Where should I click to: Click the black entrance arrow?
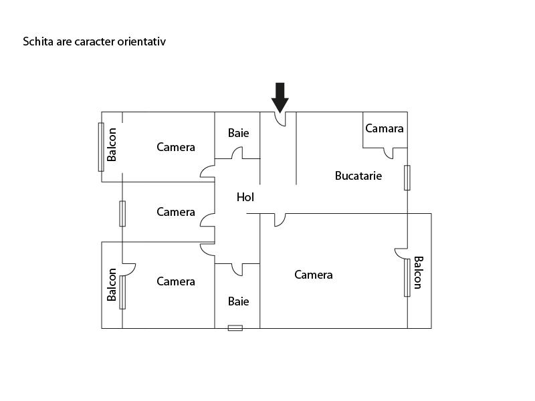point(280,97)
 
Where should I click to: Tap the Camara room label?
point(385,128)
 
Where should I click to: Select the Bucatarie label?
point(358,176)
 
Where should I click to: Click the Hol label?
point(245,197)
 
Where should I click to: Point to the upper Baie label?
point(238,133)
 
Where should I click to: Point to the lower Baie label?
point(238,301)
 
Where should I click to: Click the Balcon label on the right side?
point(418,273)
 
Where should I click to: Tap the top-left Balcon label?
point(112,144)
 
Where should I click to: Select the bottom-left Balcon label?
point(112,285)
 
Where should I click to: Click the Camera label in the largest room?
point(314,275)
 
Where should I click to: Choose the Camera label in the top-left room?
point(176,147)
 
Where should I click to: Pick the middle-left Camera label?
point(176,212)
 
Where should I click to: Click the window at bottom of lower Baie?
point(235,328)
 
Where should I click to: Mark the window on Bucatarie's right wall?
point(407,178)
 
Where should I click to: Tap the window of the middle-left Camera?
point(122,213)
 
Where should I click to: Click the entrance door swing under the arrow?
point(281,119)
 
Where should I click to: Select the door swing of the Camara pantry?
point(389,153)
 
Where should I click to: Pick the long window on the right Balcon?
point(407,277)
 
